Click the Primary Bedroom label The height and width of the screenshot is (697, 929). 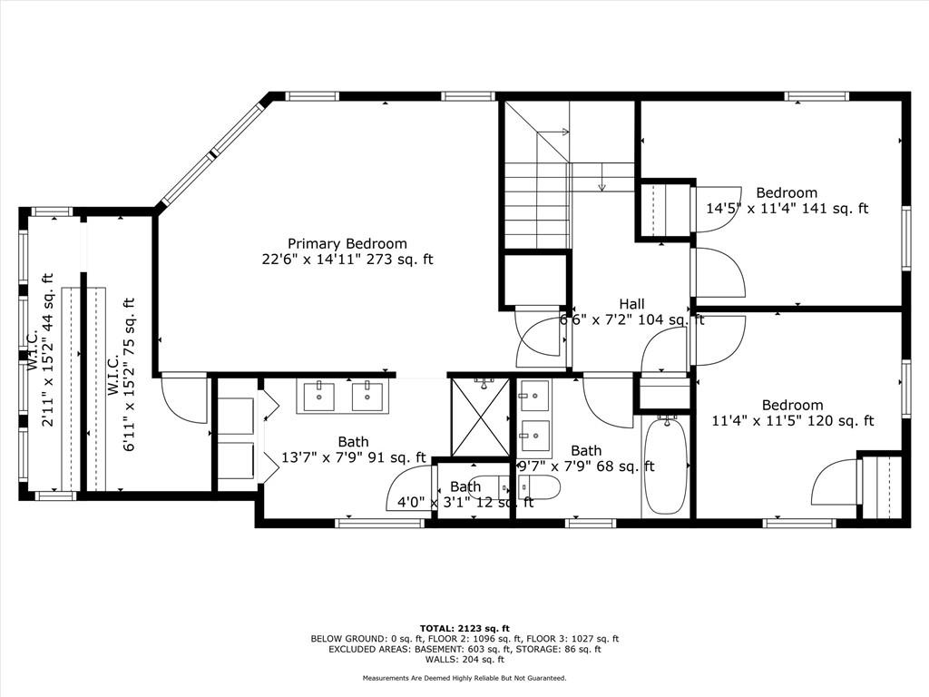coord(347,243)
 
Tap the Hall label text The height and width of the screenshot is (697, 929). coord(632,304)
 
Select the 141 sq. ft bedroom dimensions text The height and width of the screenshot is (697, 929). coord(787,209)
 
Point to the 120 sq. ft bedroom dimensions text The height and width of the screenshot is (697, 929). coord(792,421)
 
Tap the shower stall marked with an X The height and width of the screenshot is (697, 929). coord(480,417)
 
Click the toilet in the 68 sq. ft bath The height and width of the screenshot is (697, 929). coord(539,487)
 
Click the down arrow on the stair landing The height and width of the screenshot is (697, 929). coord(602,177)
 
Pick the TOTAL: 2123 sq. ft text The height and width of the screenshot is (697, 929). coord(464,628)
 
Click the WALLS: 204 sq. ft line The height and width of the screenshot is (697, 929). coord(464,659)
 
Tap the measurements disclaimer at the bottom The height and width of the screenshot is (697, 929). coord(464,678)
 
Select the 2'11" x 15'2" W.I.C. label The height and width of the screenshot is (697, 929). coord(40,349)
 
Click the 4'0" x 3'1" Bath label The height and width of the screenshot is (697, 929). coord(465,495)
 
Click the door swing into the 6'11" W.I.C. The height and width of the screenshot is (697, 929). coord(183,400)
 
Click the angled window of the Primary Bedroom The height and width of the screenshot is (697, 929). coord(210,155)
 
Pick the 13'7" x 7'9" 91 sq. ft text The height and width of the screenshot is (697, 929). coord(353,457)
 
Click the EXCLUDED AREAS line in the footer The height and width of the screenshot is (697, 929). coord(464,649)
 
